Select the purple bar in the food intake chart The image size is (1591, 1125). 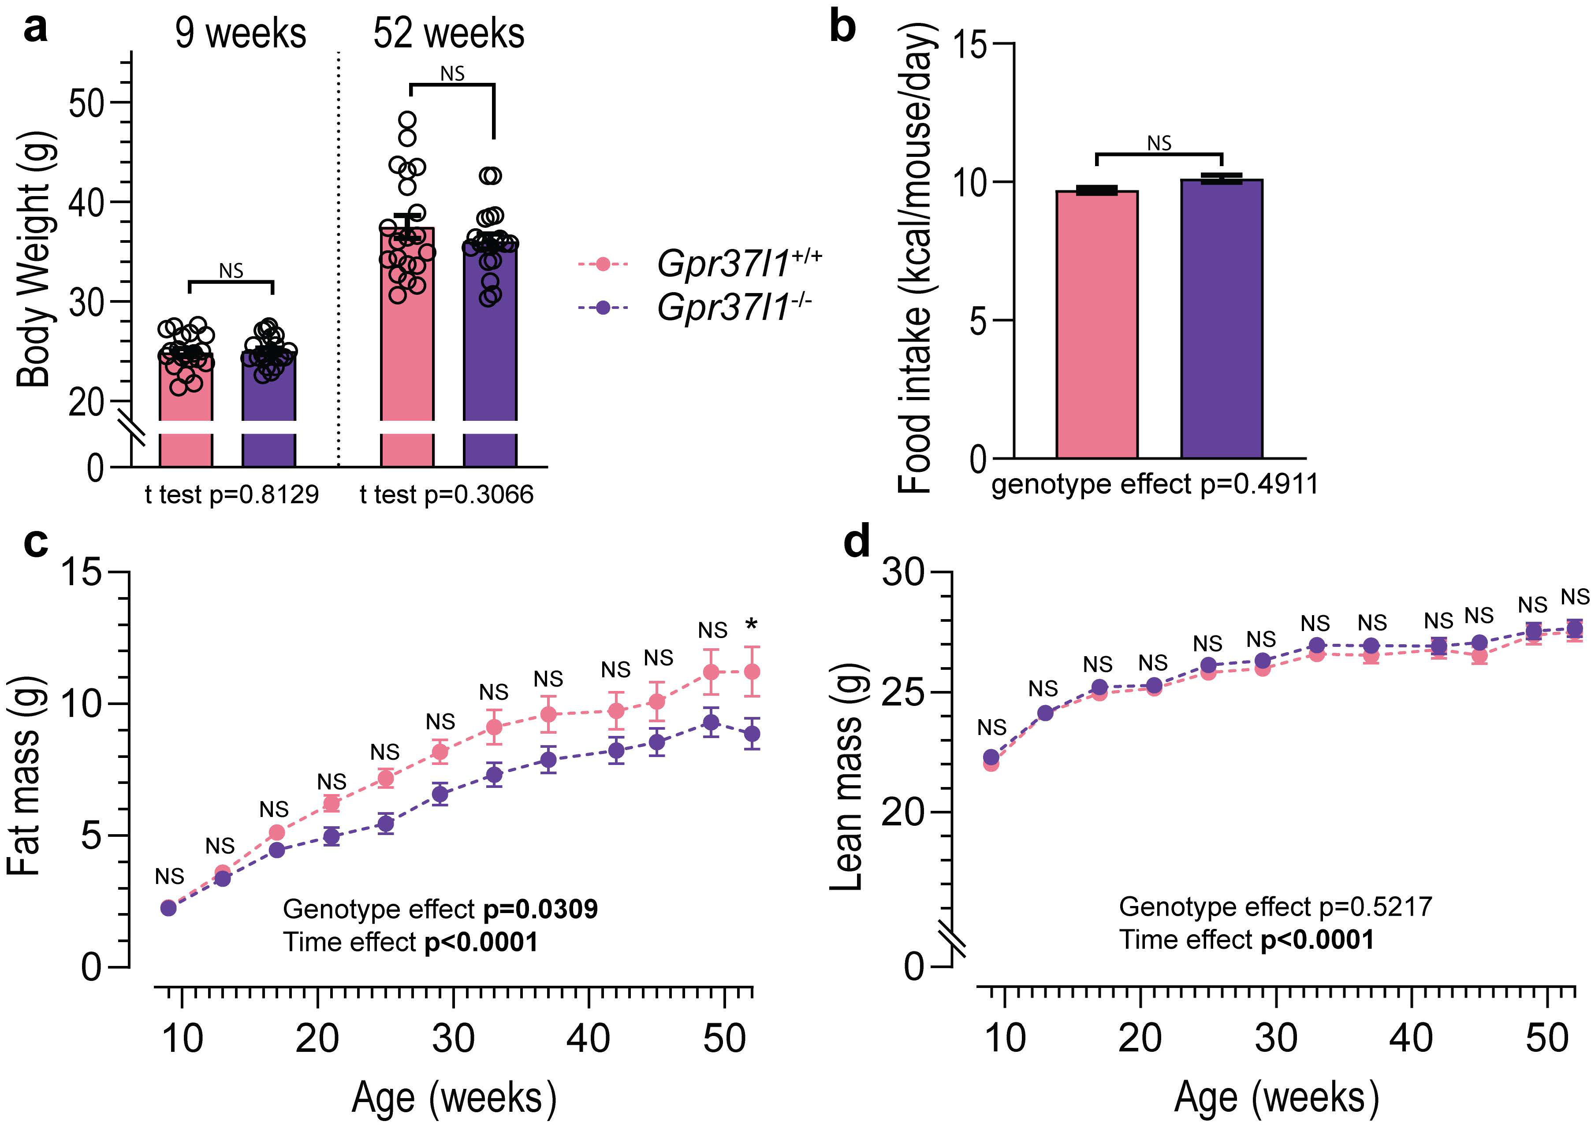tap(1221, 319)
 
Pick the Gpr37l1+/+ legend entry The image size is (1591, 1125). tap(700, 264)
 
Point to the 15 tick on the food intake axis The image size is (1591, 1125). tap(973, 44)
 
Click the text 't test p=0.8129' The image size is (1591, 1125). tap(231, 494)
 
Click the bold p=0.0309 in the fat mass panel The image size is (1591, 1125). tap(540, 909)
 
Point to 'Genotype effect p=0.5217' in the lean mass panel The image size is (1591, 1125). tap(1275, 907)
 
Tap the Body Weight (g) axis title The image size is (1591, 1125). tap(33, 260)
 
